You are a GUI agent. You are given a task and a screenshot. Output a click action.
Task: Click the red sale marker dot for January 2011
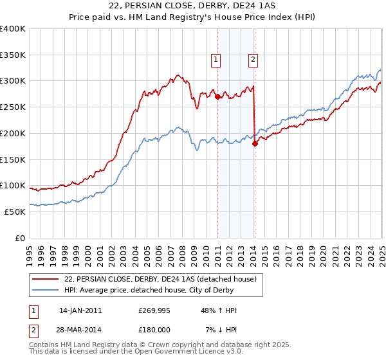217,97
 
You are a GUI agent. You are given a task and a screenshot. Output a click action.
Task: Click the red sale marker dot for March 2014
255,143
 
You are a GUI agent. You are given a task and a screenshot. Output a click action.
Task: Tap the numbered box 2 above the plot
253,60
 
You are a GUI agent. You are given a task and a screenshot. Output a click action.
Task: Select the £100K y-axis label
13,185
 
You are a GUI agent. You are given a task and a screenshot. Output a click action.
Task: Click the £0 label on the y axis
19,238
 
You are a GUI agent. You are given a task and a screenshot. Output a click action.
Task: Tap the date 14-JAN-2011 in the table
80,310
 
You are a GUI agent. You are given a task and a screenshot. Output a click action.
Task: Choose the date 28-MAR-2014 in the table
80,330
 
